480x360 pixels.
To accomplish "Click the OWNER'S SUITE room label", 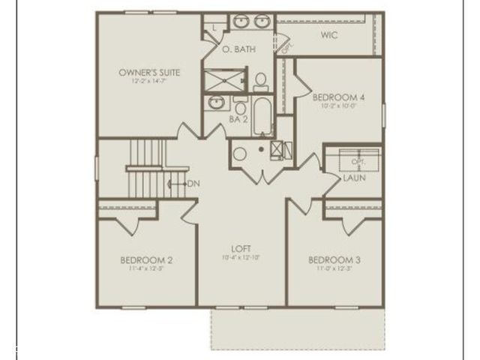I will click(148, 73).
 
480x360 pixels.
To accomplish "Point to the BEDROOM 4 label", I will click(338, 97).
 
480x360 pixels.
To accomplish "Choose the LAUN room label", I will click(353, 179).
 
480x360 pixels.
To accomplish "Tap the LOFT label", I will click(241, 248).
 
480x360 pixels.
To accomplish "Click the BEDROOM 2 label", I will click(146, 260).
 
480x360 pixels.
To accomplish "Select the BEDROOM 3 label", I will click(334, 260).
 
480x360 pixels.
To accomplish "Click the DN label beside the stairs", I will click(193, 184).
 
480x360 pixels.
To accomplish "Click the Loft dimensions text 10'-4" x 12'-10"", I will click(241, 258).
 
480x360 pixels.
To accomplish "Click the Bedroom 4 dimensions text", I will click(338, 106).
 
